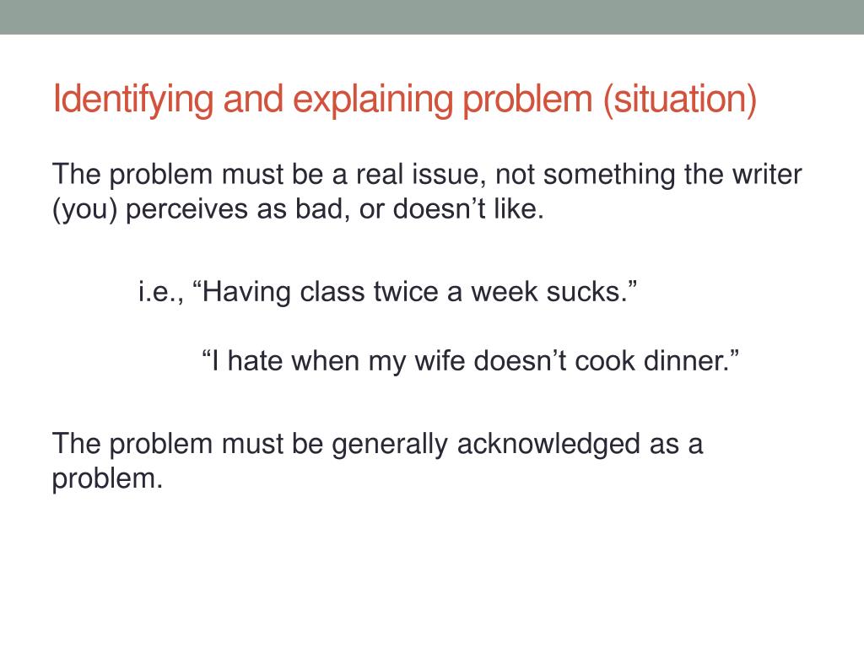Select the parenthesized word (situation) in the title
point(679,100)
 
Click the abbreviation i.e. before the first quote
point(161,293)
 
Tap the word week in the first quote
point(501,293)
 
